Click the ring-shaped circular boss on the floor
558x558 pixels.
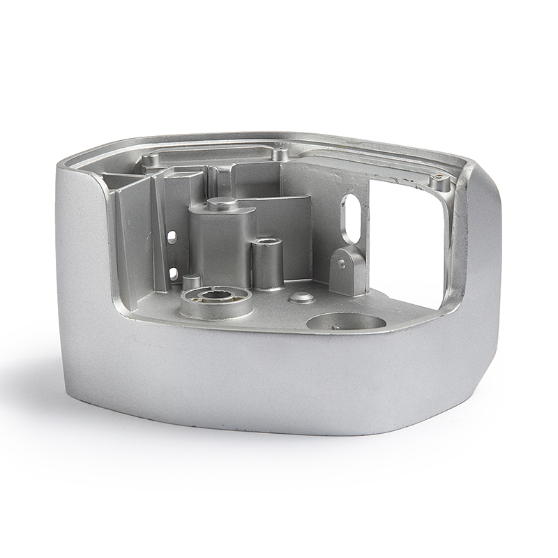pyautogui.click(x=216, y=302)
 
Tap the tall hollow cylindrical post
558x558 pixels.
pyautogui.click(x=267, y=265)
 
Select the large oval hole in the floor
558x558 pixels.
pyautogui.click(x=346, y=322)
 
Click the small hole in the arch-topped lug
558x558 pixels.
pyautogui.click(x=341, y=264)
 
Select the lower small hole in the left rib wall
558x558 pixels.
pyautogui.click(x=172, y=273)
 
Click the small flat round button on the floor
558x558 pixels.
pyautogui.click(x=301, y=298)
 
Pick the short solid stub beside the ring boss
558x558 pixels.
pyautogui.click(x=192, y=282)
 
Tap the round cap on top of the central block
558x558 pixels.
pyautogui.click(x=223, y=204)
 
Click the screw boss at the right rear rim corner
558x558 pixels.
pyautogui.click(x=439, y=183)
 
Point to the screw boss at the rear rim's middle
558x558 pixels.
pyautogui.click(x=280, y=152)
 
